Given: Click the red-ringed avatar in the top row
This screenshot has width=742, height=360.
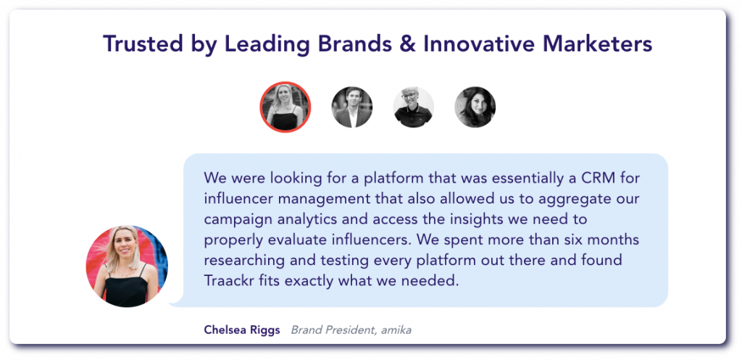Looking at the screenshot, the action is [x=285, y=107].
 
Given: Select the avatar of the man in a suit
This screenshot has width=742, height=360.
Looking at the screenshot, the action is [x=352, y=107].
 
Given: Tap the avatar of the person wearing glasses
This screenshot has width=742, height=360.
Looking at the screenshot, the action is [x=414, y=107].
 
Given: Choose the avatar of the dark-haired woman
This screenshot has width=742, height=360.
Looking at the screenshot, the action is [x=475, y=107].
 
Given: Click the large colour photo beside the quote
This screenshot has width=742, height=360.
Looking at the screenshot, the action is [x=127, y=267].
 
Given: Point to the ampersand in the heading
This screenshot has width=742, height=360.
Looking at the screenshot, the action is [x=407, y=44].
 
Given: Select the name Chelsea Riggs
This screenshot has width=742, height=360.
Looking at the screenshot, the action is [x=242, y=330].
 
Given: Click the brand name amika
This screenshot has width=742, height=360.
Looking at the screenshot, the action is [x=396, y=330].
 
